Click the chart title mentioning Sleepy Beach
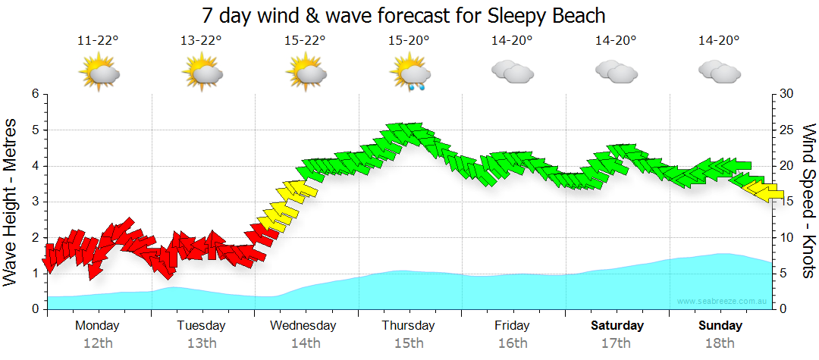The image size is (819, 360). point(404,15)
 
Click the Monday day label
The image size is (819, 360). point(97,326)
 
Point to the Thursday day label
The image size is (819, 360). point(408,326)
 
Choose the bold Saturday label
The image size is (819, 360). point(617,326)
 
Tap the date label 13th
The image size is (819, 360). point(201,343)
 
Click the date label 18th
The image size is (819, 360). point(720,343)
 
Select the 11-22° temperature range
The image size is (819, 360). point(98,41)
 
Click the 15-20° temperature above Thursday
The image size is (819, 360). point(409,41)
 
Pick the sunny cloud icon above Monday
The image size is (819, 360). point(99,73)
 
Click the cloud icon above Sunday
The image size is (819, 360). point(720,71)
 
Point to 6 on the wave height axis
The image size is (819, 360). point(35,94)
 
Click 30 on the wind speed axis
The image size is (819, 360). point(786,94)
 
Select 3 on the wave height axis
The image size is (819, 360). point(35,202)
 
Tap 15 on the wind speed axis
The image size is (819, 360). point(786,202)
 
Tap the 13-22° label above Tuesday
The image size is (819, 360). point(201,41)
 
